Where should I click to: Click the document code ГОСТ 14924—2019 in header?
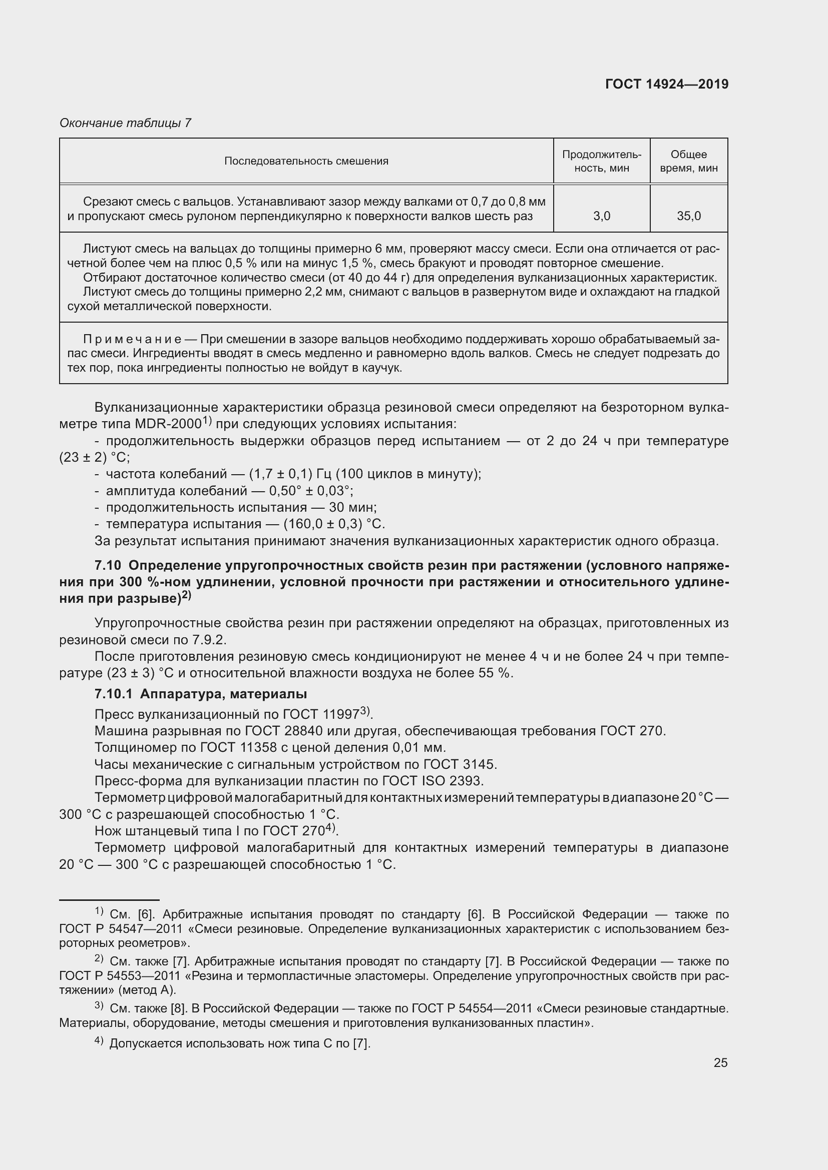point(666,84)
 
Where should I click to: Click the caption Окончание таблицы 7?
point(125,123)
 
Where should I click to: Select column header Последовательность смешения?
point(306,161)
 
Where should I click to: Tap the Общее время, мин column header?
point(688,161)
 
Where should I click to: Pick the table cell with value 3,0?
point(602,216)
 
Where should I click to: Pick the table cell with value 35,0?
point(689,216)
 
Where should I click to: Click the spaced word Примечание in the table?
point(132,339)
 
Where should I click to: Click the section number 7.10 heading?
point(108,566)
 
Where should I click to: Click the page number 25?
point(720,1062)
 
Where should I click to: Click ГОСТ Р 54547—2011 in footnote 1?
point(119,929)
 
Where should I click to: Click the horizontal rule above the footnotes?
point(109,900)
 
